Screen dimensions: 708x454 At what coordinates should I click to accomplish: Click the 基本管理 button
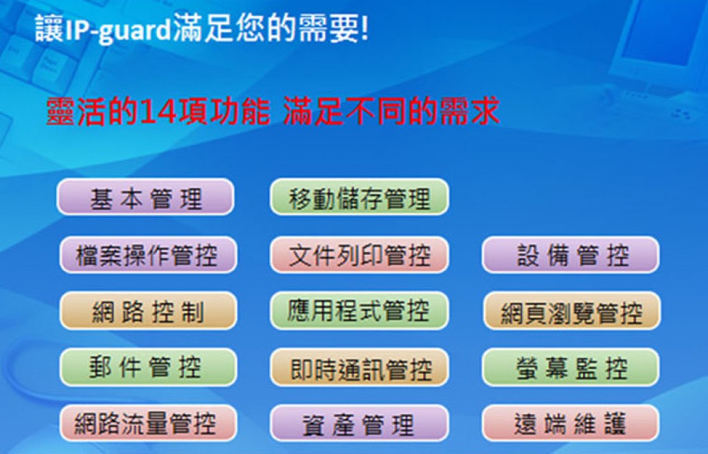tap(145, 197)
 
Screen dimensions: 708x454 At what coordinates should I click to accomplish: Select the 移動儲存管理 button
tap(359, 197)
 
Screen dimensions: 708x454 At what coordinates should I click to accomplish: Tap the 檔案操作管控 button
tap(148, 254)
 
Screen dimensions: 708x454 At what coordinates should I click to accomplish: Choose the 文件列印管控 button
tap(359, 254)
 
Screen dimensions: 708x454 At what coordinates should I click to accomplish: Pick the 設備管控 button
tap(570, 254)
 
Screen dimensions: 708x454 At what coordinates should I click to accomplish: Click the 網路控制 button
tap(148, 311)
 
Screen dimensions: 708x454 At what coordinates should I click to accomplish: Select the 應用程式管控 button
tap(359, 311)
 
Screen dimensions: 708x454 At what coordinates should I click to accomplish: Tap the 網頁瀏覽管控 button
tap(572, 311)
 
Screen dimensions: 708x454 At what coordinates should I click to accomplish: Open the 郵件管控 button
tap(148, 368)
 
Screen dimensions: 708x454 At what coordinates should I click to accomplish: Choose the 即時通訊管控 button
tap(359, 368)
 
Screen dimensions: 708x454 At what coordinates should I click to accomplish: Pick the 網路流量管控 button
tap(148, 424)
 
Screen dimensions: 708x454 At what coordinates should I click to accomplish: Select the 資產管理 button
tap(359, 424)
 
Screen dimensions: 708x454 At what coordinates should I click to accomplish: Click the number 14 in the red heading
tap(158, 111)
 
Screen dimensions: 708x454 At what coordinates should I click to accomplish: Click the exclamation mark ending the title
tap(364, 28)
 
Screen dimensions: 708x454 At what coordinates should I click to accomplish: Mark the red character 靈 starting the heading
tap(61, 111)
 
